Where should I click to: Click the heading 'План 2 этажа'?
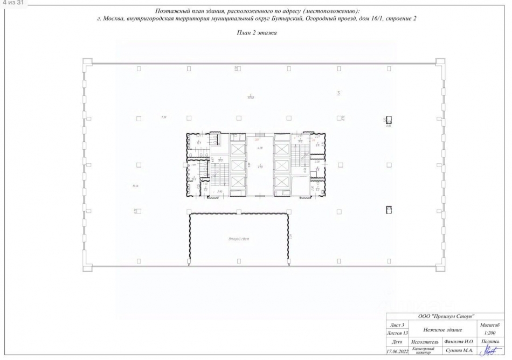coord(257,33)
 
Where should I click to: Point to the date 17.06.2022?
coord(397,351)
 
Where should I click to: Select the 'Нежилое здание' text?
coord(444,329)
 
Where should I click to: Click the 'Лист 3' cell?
coord(397,325)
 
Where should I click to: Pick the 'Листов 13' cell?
coord(397,334)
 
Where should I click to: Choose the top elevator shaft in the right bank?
coord(281,148)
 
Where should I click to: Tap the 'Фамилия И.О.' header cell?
coord(458,342)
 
